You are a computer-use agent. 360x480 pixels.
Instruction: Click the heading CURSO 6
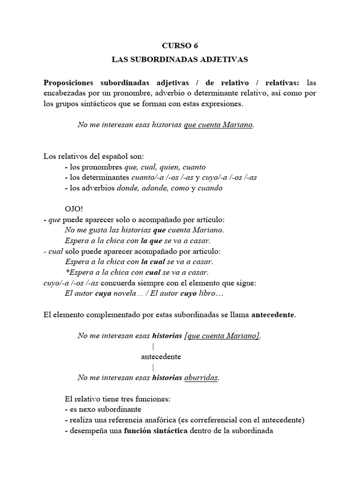pos(180,45)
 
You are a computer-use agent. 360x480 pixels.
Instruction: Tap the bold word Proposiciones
pos(68,82)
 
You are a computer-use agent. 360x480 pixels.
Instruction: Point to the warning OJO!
pos(73,209)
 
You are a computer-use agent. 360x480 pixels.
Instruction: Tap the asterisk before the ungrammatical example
pos(66,272)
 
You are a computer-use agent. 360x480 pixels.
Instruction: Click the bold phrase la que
pos(150,240)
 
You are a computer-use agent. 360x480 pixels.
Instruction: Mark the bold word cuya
pos(104,294)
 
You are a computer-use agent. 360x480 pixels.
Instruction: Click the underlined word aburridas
pos(201,378)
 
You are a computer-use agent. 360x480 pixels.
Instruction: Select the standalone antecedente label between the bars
pos(161,357)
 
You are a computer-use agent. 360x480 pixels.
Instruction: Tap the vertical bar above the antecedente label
pos(153,346)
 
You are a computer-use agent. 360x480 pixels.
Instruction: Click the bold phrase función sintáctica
pos(156,430)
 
